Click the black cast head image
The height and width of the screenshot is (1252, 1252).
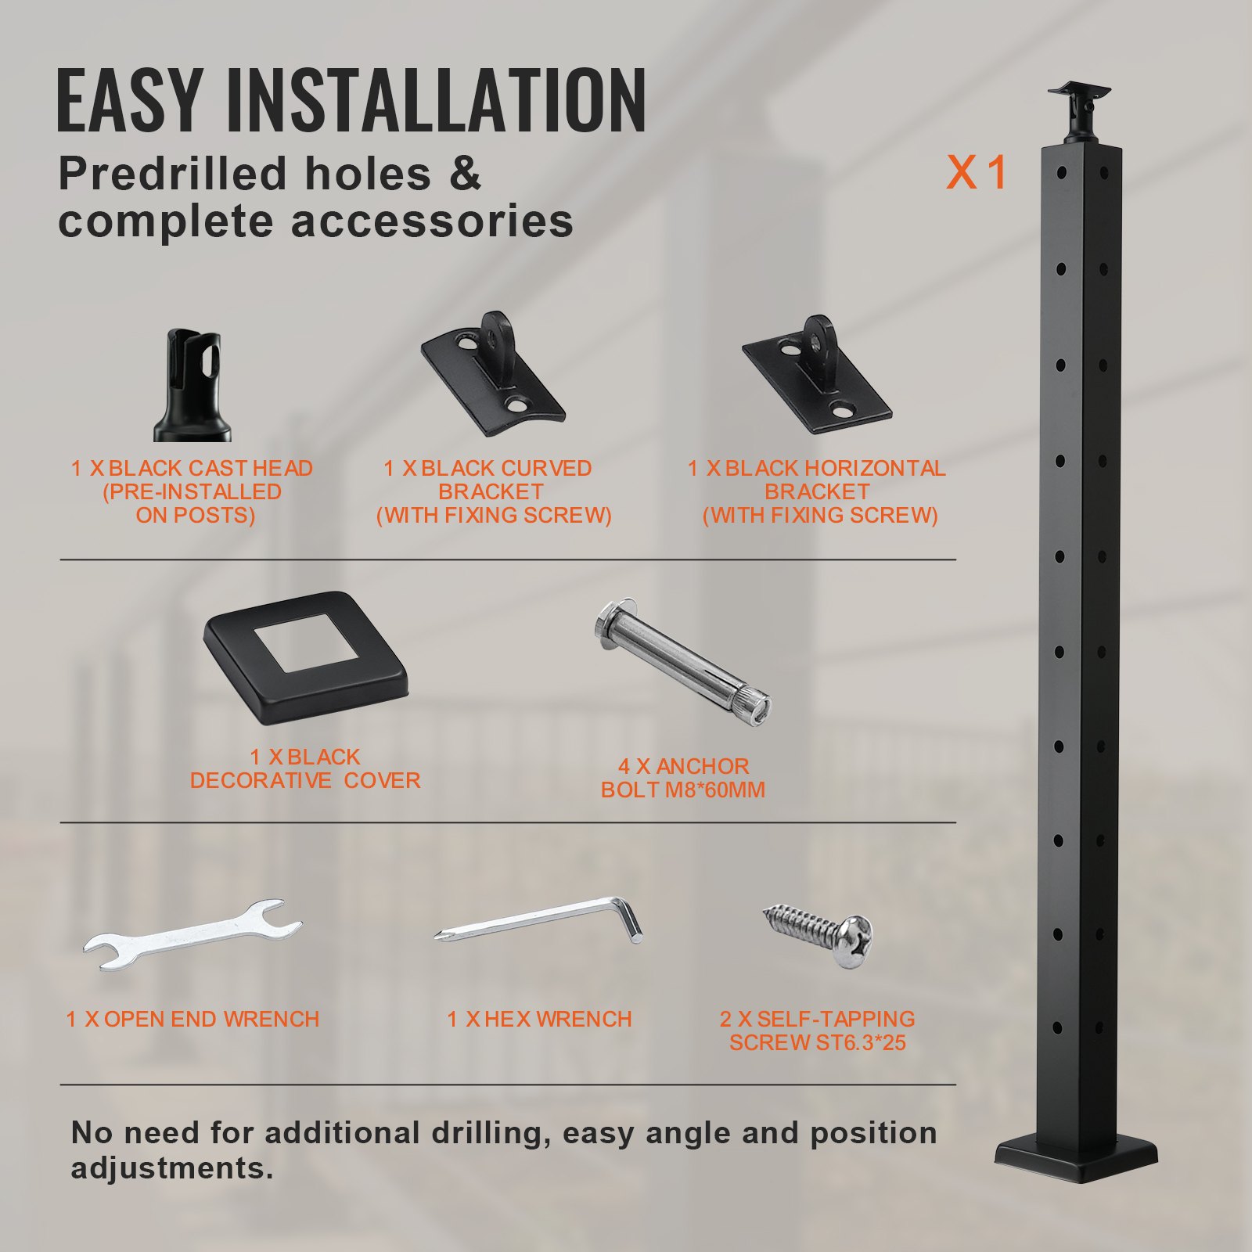tap(192, 386)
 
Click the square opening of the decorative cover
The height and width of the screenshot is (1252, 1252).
tap(304, 643)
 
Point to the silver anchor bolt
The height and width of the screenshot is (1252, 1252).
tap(682, 661)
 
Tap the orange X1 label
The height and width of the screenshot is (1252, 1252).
tap(976, 172)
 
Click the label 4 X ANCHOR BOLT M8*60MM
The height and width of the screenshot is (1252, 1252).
tap(682, 778)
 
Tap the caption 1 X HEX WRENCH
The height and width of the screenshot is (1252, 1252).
tap(539, 1019)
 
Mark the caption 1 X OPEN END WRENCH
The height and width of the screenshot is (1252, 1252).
tap(192, 1019)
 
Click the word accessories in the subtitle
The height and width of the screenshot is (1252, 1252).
tap(432, 221)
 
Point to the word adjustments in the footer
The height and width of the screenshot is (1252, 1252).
tap(171, 1168)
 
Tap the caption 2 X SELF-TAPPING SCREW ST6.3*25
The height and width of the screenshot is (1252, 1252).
tap(818, 1031)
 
